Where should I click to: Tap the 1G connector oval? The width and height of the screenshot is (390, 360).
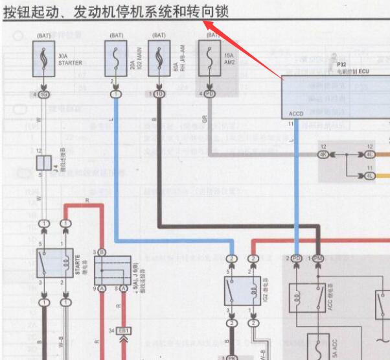point(44,95)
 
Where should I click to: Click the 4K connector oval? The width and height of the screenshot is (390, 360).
point(323,154)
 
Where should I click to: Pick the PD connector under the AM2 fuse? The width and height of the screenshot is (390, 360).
point(209,95)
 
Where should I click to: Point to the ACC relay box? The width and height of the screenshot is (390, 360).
point(306,297)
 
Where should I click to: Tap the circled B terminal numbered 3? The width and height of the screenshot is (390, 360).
point(101,252)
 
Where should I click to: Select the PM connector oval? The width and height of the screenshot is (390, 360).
point(317,259)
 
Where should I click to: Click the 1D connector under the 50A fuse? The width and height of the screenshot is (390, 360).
point(159,95)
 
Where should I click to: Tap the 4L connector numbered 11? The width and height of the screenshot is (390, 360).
point(369,176)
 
